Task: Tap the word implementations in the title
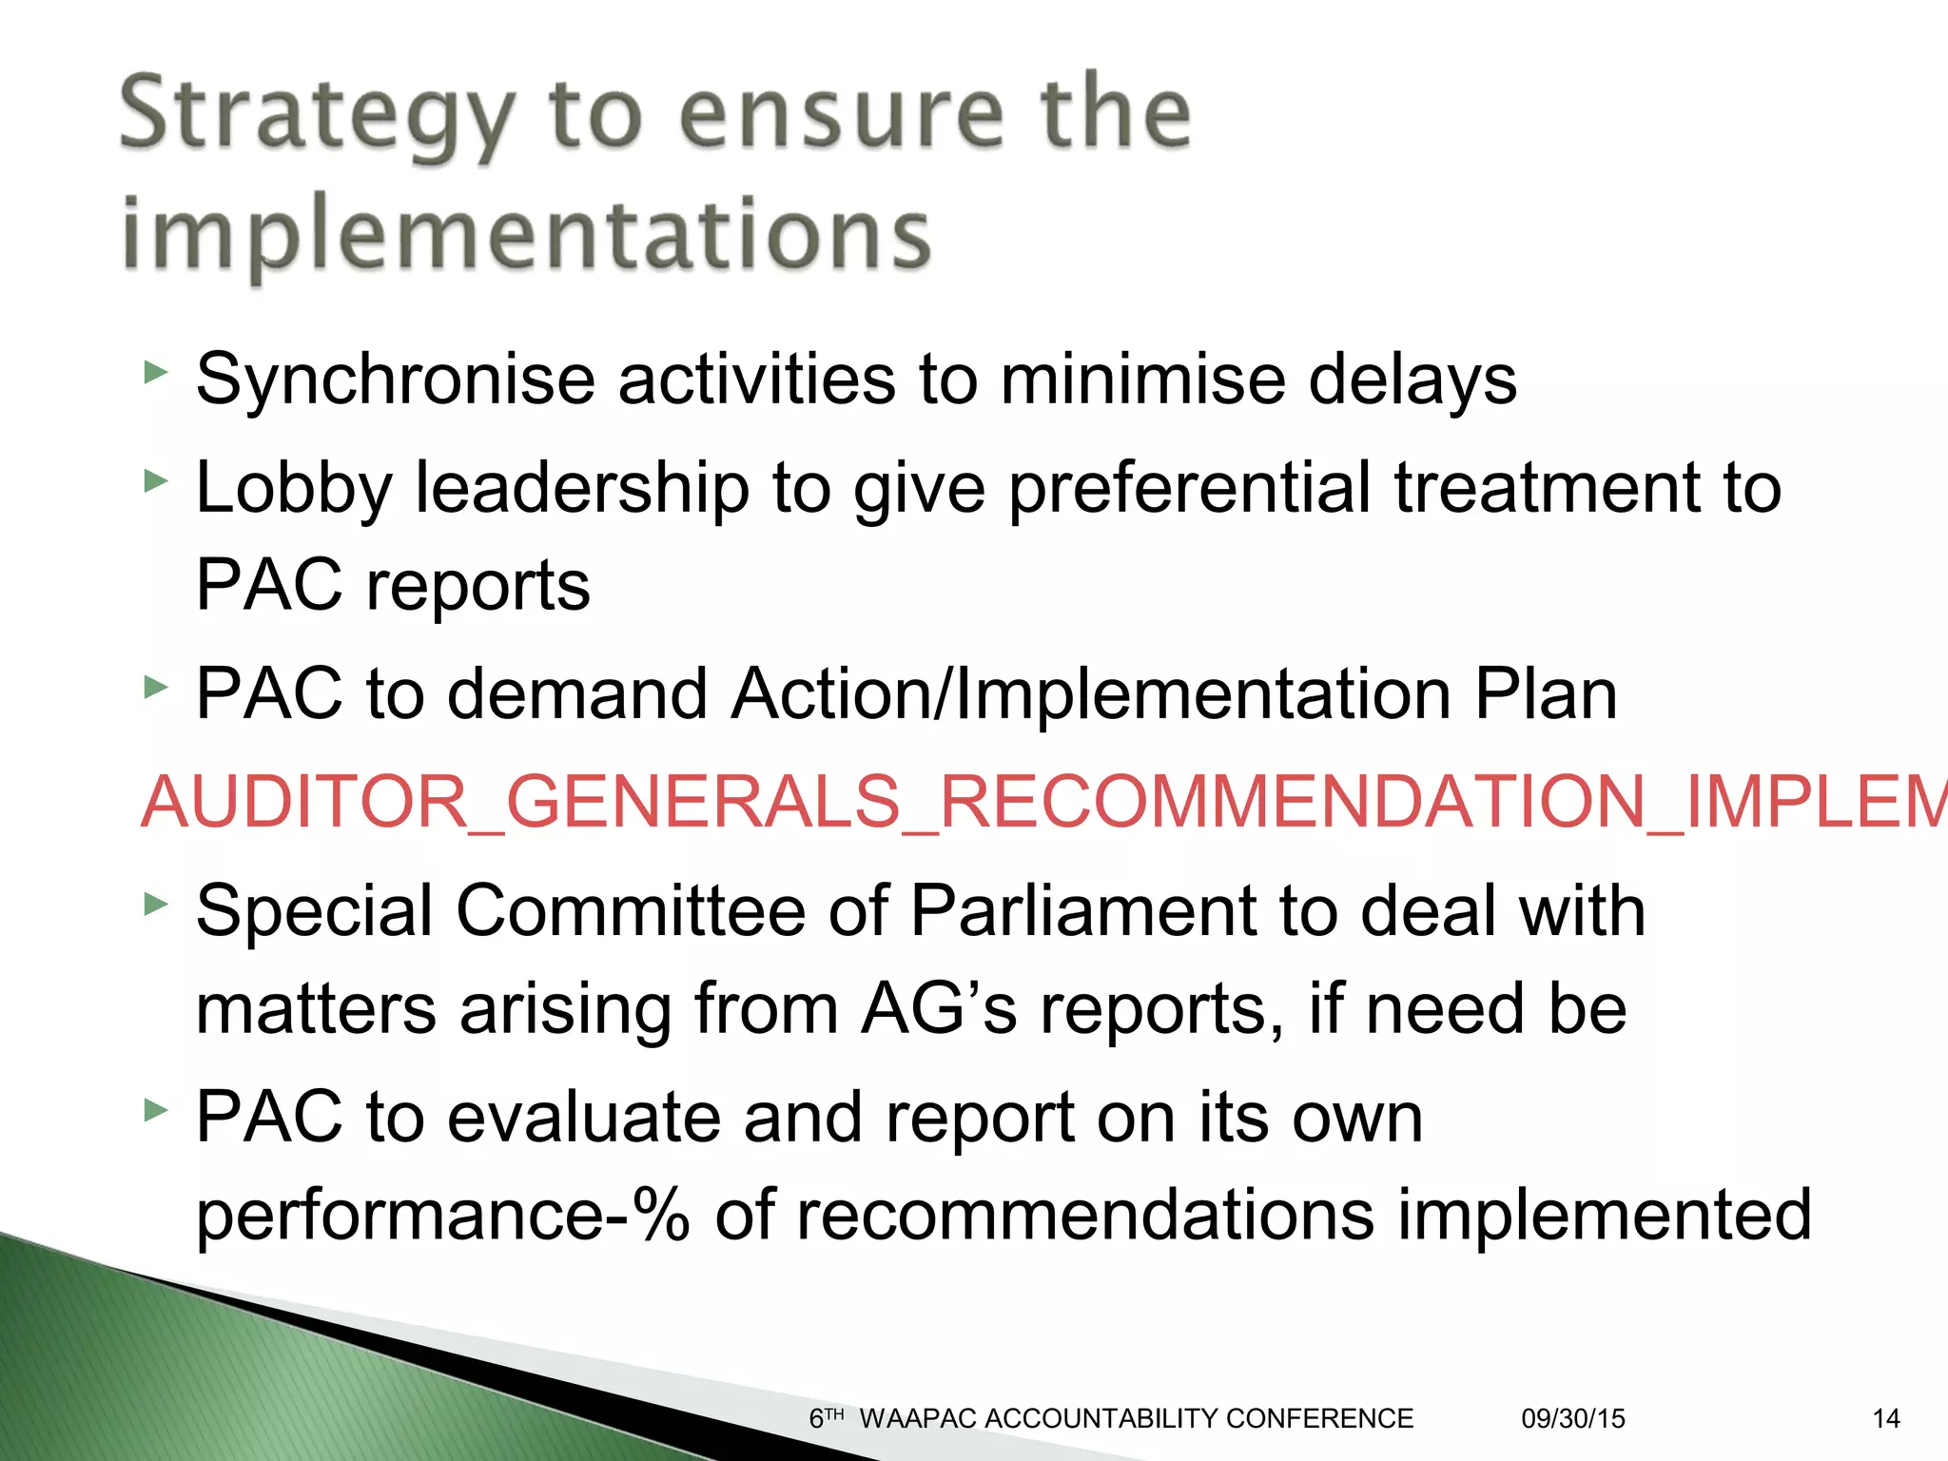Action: (x=526, y=234)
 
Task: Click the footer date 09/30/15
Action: (x=1573, y=1419)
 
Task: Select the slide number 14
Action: (x=1885, y=1419)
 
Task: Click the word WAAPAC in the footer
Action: (x=918, y=1419)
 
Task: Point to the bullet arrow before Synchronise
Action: (x=155, y=374)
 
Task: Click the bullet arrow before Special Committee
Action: (x=155, y=905)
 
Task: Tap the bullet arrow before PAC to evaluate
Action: (x=155, y=1110)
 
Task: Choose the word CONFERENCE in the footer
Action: (x=1319, y=1419)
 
